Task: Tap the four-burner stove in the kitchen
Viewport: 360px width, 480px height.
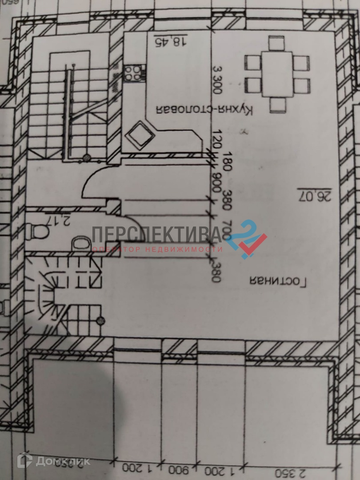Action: click(x=134, y=72)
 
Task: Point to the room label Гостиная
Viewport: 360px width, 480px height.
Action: click(x=278, y=281)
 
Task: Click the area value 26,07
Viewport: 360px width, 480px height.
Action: click(x=315, y=196)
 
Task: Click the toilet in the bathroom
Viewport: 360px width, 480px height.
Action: click(x=37, y=231)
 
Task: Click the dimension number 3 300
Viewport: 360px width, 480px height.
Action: click(x=217, y=80)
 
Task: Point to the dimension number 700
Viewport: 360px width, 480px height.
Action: click(x=217, y=230)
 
